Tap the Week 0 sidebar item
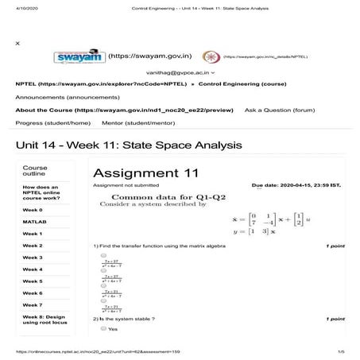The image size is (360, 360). pyautogui.click(x=33, y=209)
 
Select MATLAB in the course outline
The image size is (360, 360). pyautogui.click(x=33, y=221)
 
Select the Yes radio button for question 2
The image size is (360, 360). pyautogui.click(x=103, y=329)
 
